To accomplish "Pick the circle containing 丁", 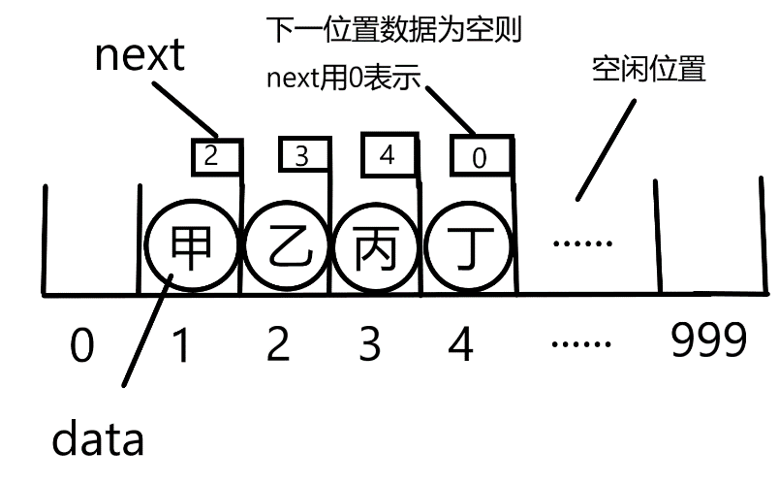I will click(x=466, y=248).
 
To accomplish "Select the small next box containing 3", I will click(x=301, y=157).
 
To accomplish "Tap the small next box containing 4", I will click(x=389, y=155).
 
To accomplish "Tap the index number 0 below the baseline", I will click(x=83, y=343).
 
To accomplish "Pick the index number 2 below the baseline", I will click(x=278, y=343).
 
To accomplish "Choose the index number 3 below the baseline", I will click(x=368, y=343).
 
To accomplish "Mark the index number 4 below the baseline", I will click(x=461, y=343).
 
